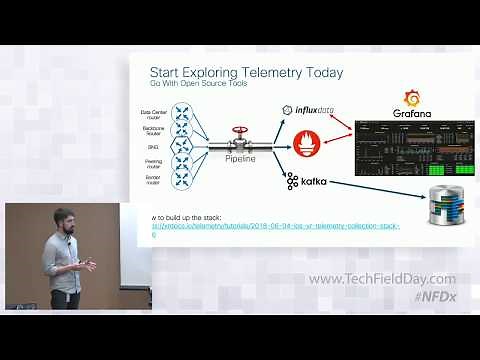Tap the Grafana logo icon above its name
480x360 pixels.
tap(410, 98)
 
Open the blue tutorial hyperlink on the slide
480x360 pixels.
tap(275, 226)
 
